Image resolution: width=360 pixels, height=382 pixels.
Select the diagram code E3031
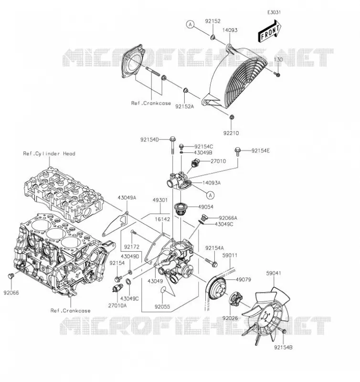coord(274,12)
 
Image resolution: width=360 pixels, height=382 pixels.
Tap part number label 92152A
coord(184,106)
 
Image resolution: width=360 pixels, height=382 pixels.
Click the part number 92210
coord(231,133)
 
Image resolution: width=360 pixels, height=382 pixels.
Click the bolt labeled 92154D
coord(172,145)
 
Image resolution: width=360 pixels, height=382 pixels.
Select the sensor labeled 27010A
coord(117,288)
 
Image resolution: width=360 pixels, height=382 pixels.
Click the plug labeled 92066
coord(11,276)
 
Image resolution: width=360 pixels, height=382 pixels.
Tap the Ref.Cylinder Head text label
coord(49,153)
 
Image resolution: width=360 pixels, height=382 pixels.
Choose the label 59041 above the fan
coord(274,273)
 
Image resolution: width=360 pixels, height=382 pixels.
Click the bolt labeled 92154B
coord(283,331)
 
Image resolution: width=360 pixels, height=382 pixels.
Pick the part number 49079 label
coord(244,279)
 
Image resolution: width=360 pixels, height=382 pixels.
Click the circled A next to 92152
coord(190,24)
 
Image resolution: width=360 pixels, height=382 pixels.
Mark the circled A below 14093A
coord(210,195)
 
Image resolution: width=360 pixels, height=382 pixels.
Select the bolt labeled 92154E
coord(238,151)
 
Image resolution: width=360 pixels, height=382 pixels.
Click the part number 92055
coord(162,307)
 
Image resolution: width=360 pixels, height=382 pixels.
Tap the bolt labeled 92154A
coord(211,262)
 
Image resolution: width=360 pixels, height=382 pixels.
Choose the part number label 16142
coord(162,219)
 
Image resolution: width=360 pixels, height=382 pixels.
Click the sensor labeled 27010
coord(195,162)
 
